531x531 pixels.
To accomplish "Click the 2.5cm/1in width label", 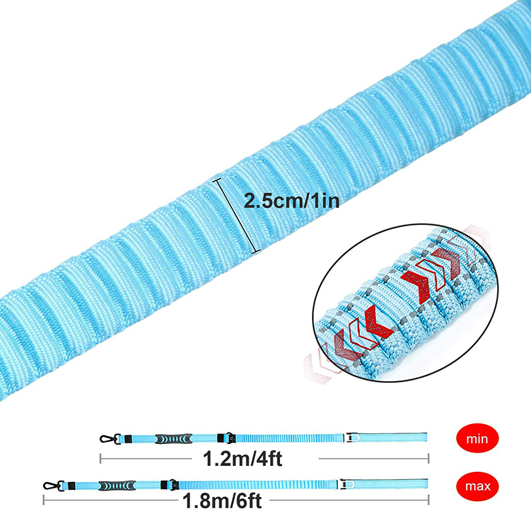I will [292, 200].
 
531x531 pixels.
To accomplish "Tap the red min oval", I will [474, 438].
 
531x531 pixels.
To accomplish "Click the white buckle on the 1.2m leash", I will [352, 438].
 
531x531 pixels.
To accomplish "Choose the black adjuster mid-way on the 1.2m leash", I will [224, 438].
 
